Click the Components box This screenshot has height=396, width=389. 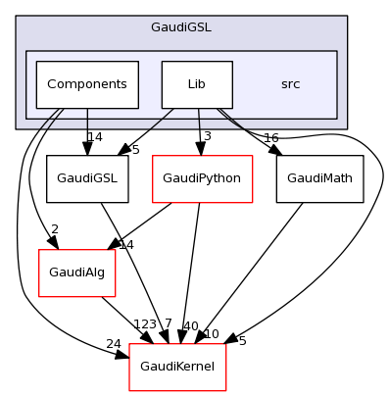pyautogui.click(x=87, y=84)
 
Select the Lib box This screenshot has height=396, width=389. pyautogui.click(x=197, y=84)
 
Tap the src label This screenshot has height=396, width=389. pyautogui.click(x=290, y=84)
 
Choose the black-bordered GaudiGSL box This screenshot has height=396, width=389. pyautogui.click(x=87, y=178)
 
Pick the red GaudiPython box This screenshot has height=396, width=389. pyautogui.click(x=202, y=178)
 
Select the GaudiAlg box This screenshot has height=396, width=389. pyautogui.click(x=76, y=272)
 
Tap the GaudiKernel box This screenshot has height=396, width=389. pyautogui.click(x=178, y=367)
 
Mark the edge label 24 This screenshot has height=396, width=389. pyautogui.click(x=113, y=344)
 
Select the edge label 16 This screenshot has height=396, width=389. pyautogui.click(x=271, y=138)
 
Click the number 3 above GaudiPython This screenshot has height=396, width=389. pyautogui.click(x=208, y=135)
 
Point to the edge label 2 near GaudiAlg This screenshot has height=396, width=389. pyautogui.click(x=55, y=229)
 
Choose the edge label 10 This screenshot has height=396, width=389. pyautogui.click(x=211, y=334)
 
